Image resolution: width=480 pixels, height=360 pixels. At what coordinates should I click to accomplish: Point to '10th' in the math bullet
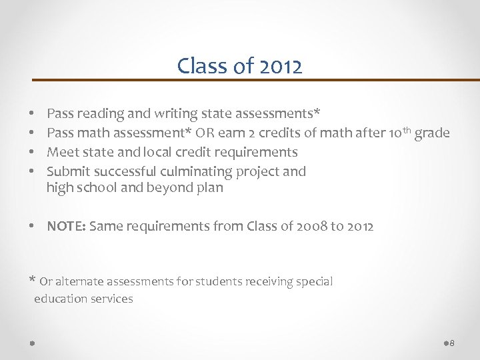[x=397, y=133]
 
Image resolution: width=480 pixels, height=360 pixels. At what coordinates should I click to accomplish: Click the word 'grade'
[x=432, y=133]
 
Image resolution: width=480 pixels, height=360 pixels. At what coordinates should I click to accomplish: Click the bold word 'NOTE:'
[x=65, y=226]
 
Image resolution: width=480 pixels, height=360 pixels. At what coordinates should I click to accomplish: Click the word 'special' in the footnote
[x=313, y=281]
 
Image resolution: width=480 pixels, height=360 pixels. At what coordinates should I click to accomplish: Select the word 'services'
[x=111, y=299]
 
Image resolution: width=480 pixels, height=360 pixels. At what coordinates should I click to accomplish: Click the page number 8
[x=452, y=343]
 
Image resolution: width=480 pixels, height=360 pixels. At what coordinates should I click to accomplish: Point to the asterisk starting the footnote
[x=32, y=280]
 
